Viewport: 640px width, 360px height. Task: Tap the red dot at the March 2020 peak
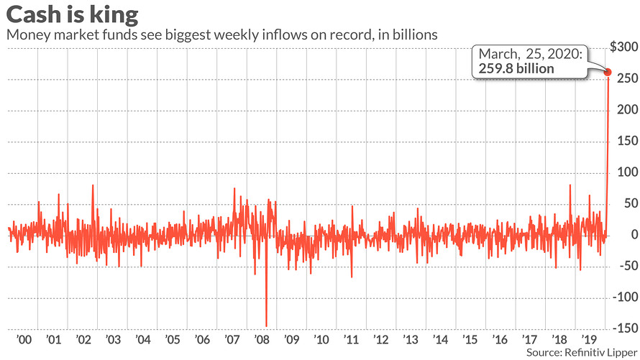(608, 72)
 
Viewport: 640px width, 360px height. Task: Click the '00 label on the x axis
(22, 338)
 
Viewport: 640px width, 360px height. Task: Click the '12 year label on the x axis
(381, 338)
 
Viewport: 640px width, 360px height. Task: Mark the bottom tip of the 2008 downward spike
(267, 326)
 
